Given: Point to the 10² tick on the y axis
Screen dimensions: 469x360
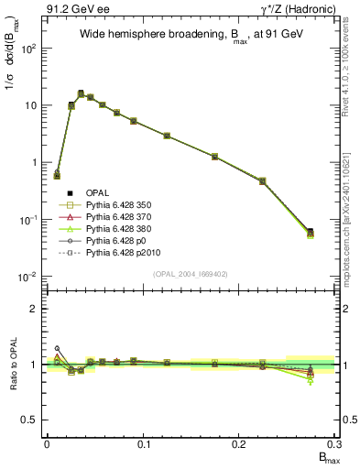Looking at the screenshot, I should click(x=29, y=49).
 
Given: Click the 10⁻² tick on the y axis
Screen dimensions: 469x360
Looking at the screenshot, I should click(x=29, y=277).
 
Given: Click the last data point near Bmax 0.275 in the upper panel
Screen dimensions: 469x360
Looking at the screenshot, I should click(x=311, y=233).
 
